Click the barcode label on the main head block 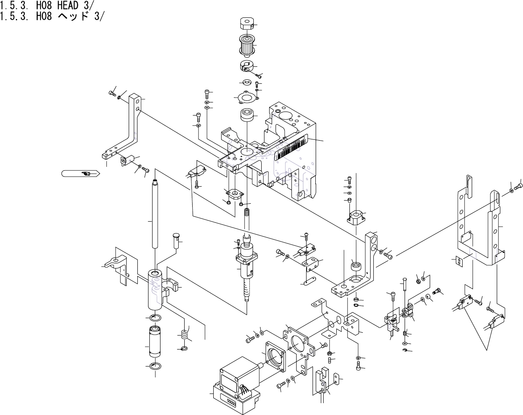point(292,149)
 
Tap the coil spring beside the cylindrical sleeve point(184,335)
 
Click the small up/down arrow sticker point(459,261)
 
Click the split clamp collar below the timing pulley point(246,66)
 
